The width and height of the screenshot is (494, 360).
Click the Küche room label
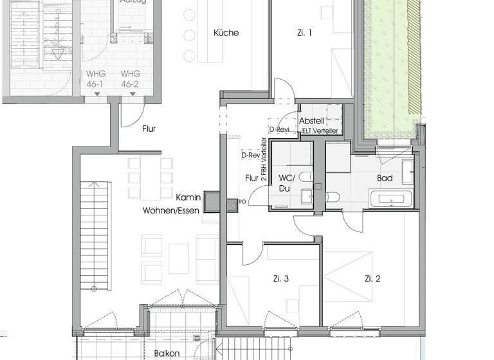coord(226,33)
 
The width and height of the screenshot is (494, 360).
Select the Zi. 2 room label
coord(372,278)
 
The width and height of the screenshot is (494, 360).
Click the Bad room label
coord(385,178)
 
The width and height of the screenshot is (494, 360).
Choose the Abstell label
coord(312,121)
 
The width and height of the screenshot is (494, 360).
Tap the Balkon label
coord(167,353)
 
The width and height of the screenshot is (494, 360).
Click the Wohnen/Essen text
coord(167,210)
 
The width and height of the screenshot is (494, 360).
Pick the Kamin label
coord(188,198)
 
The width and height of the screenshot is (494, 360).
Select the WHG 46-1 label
coord(96,78)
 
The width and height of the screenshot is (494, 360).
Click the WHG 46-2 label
coord(131,78)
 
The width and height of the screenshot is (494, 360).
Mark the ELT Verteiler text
coord(318,130)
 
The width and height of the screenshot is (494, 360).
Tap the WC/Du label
coord(285,183)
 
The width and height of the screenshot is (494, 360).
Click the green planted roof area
coord(390,64)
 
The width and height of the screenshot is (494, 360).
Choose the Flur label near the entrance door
coord(149,129)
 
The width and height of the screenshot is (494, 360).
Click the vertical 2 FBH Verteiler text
coord(264,161)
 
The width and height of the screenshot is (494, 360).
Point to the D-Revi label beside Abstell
coord(280,129)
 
